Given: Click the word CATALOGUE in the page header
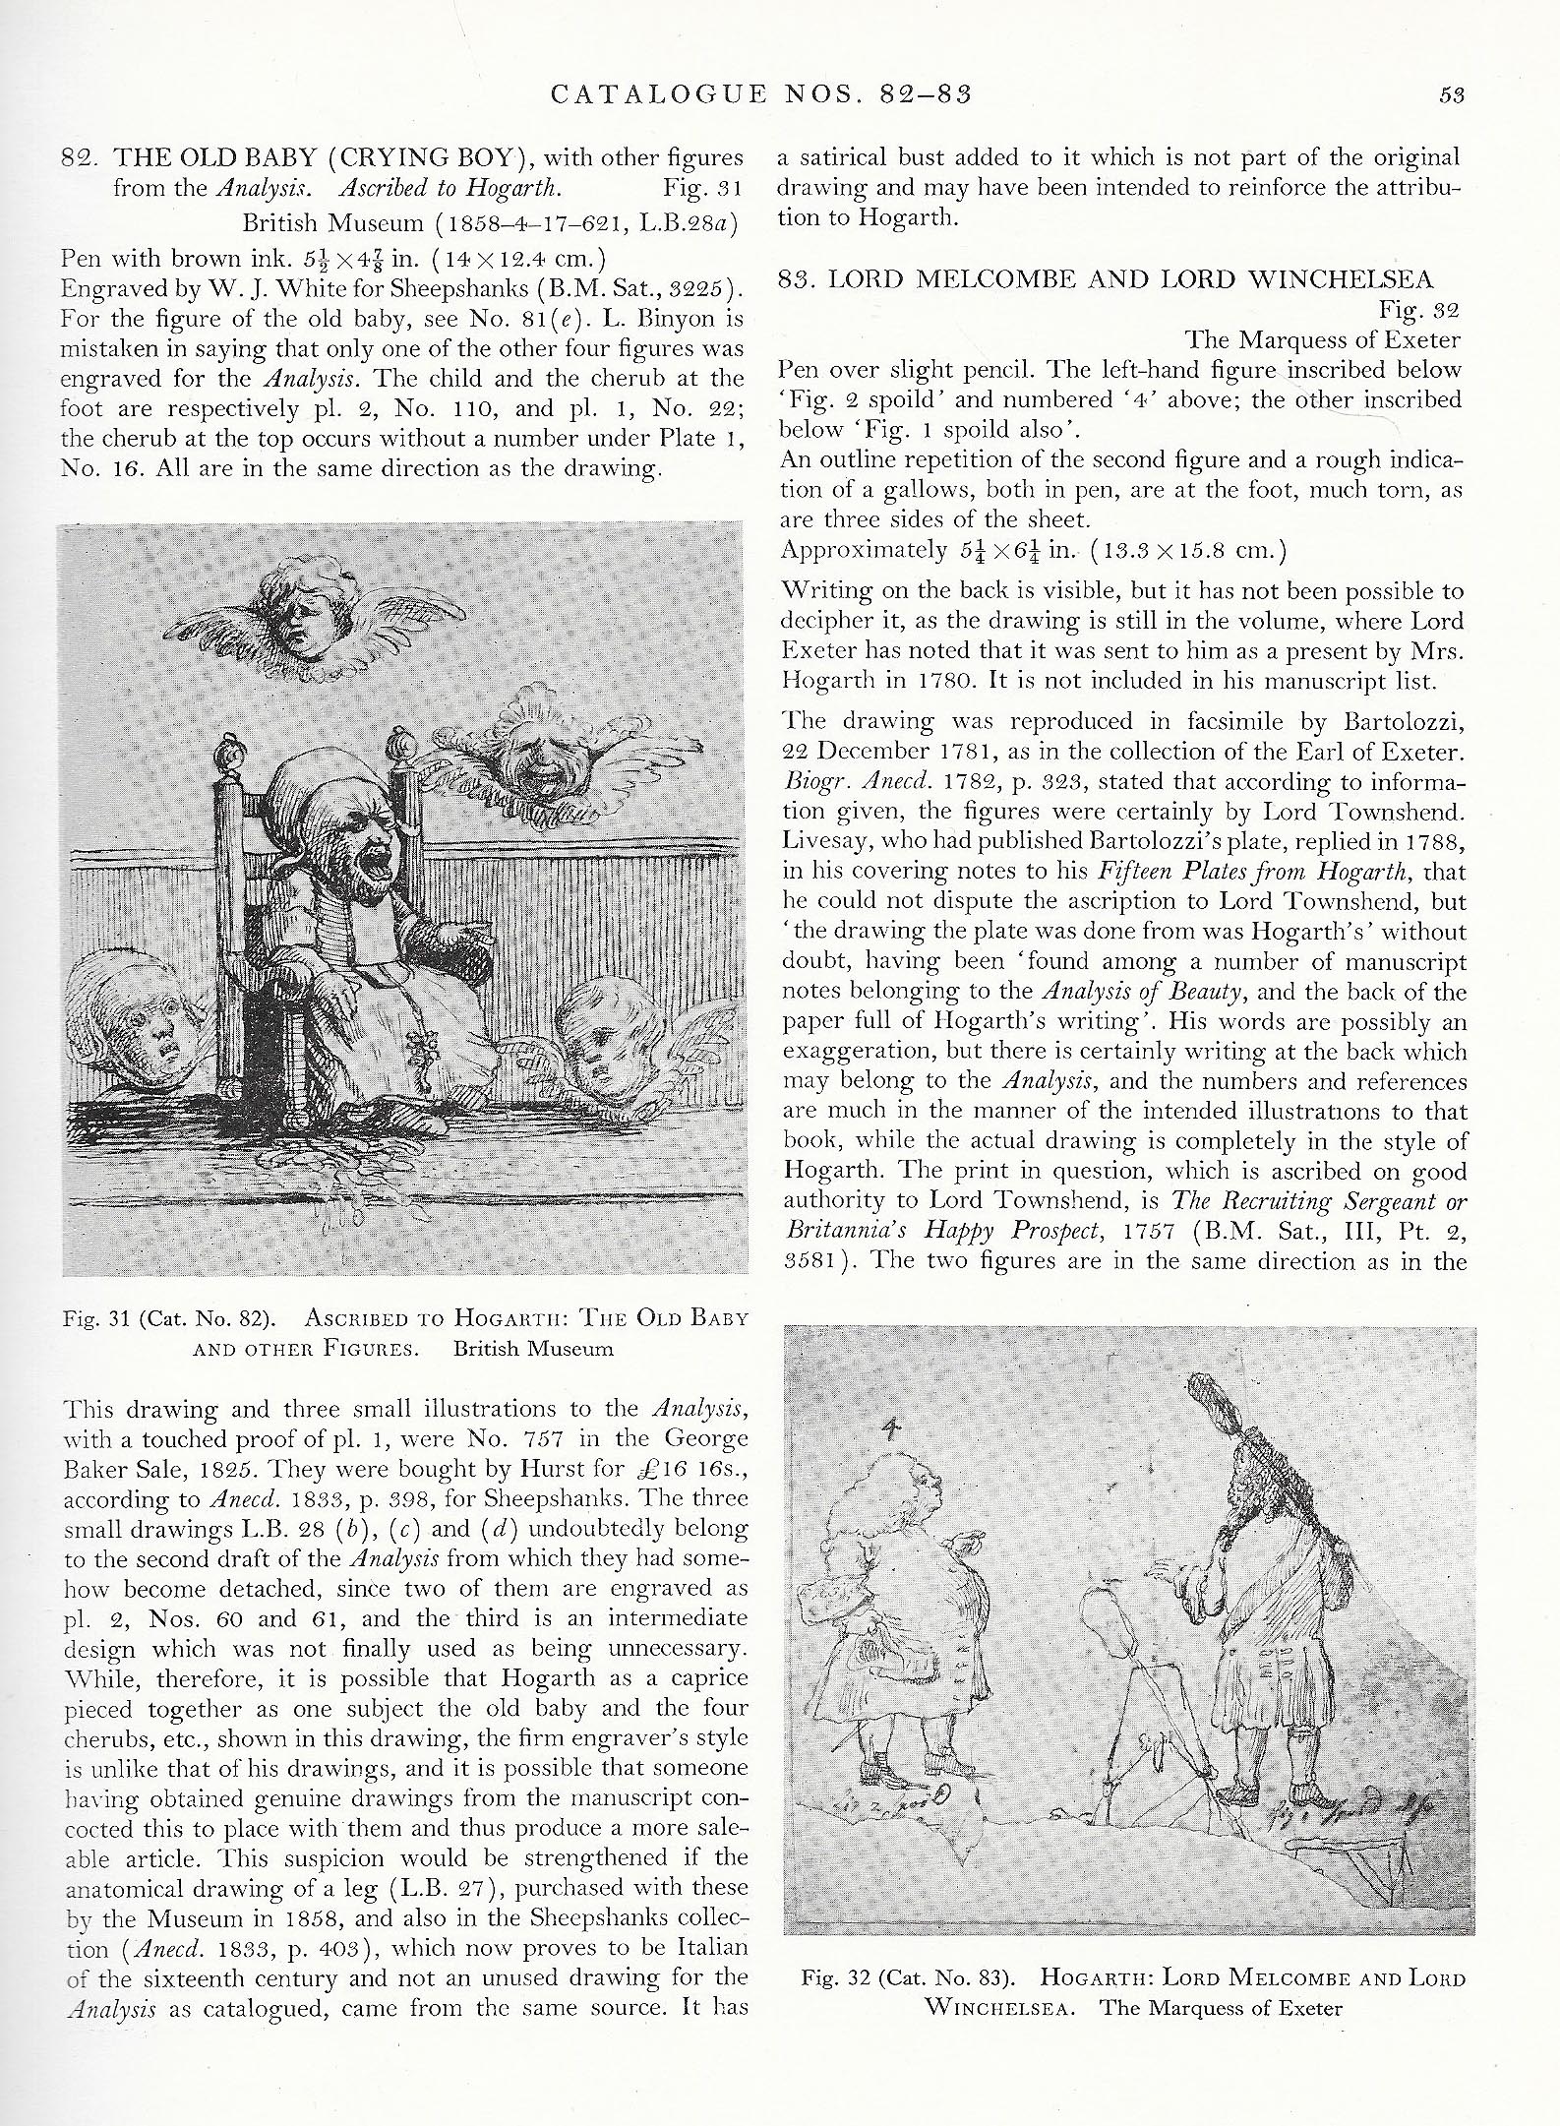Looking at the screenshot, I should click(659, 94).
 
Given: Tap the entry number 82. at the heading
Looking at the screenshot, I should click(80, 157).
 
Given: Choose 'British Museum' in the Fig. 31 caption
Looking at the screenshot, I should click(533, 1348).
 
